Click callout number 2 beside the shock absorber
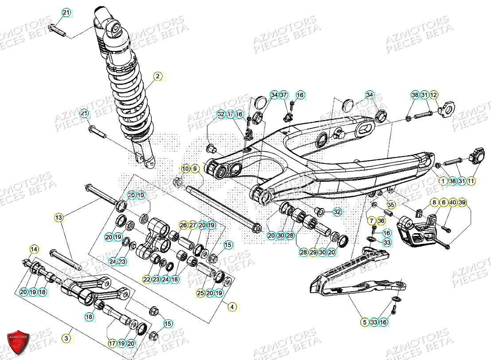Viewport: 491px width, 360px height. coord(157,76)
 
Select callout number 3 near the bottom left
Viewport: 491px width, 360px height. coord(66,339)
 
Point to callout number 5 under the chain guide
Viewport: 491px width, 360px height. coord(364,323)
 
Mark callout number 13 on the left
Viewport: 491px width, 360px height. coord(58,217)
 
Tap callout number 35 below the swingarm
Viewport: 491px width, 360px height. coord(390,205)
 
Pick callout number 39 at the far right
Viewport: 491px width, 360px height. coord(462,202)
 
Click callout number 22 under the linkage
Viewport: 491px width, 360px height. coord(147,279)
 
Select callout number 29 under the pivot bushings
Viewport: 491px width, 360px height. coord(313,252)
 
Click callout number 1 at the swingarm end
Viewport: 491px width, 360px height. coord(442,181)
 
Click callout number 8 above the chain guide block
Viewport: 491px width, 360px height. coord(434,202)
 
